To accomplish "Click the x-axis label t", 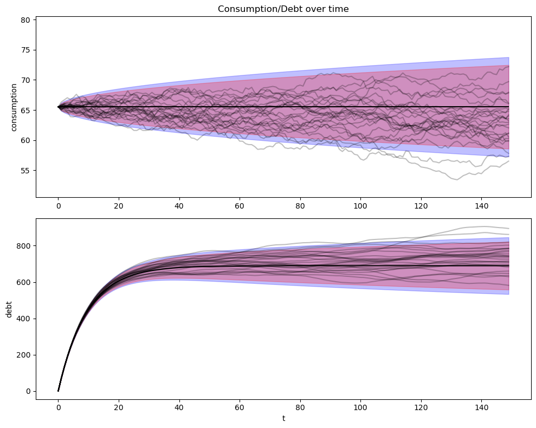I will click(283, 419).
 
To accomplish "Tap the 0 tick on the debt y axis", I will click(30, 391).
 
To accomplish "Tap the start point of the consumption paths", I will click(58, 107).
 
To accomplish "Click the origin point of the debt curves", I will click(58, 391).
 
